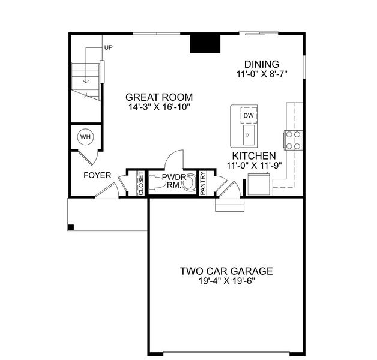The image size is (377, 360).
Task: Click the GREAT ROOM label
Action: [x=159, y=97]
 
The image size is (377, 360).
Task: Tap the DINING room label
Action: [x=261, y=64]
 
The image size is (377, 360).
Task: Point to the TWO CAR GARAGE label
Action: [x=226, y=271]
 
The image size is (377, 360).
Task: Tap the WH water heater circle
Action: [x=85, y=137]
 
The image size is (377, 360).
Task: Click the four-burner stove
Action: [x=293, y=140]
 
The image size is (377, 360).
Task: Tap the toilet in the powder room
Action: [x=188, y=182]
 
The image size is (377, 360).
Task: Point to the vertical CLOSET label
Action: [x=142, y=183]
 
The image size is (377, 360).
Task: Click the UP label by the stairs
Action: [x=108, y=47]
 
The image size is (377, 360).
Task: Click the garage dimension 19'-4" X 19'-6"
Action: [x=226, y=282]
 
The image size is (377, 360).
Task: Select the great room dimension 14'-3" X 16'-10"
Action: [x=159, y=108]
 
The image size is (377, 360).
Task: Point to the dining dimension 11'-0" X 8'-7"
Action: [x=261, y=75]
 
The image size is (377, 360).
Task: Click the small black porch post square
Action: [x=71, y=227]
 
